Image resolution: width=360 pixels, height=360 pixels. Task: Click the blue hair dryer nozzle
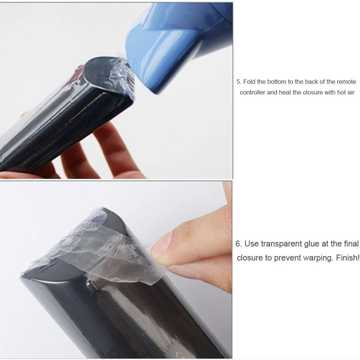pos(179,44)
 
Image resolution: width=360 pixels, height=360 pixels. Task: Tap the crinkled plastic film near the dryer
pos(121,73)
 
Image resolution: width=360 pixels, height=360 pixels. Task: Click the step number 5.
pos(239,82)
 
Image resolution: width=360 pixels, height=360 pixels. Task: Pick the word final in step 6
pos(351,243)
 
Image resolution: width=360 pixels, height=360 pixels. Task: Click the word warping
pos(318,258)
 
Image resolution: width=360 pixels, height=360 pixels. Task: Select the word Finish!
pos(347,257)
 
